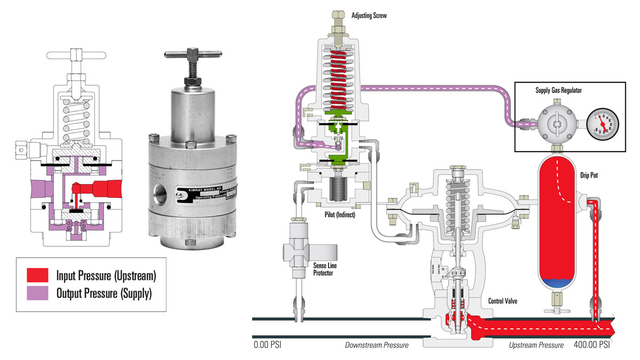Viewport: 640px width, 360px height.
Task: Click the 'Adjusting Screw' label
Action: pyautogui.click(x=369, y=16)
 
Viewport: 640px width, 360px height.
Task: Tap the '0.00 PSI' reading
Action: pyautogui.click(x=268, y=345)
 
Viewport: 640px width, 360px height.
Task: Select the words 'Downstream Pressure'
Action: pyautogui.click(x=377, y=345)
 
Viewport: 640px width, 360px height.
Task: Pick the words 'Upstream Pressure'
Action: pyautogui.click(x=535, y=345)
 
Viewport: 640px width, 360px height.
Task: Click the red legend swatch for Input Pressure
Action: pyautogui.click(x=38, y=275)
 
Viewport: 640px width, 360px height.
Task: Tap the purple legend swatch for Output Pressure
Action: pyautogui.click(x=38, y=292)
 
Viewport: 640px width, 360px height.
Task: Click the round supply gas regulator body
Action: pyautogui.click(x=555, y=123)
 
